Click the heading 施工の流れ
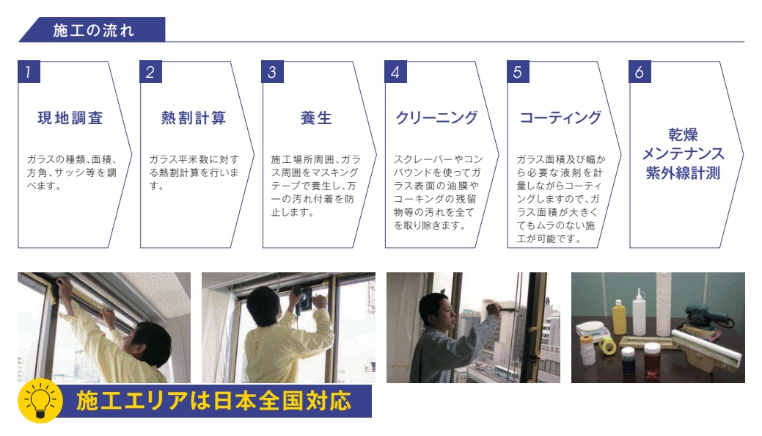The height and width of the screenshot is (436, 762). click(93, 30)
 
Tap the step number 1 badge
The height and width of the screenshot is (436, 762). click(29, 71)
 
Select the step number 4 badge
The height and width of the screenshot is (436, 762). click(395, 71)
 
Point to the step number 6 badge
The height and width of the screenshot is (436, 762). click(640, 71)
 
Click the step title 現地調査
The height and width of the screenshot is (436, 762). click(70, 117)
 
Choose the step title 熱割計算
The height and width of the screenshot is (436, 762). click(194, 117)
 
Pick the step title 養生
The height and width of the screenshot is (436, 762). click(316, 117)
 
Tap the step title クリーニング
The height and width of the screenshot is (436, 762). click(437, 117)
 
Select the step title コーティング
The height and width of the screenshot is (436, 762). click(561, 117)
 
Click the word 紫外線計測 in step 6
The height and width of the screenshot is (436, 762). click(683, 173)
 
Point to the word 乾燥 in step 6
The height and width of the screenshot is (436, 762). click(683, 134)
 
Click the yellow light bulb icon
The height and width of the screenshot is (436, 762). click(40, 401)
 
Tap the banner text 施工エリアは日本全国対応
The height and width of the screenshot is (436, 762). click(214, 401)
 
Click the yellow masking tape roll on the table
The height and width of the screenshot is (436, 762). click(607, 345)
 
